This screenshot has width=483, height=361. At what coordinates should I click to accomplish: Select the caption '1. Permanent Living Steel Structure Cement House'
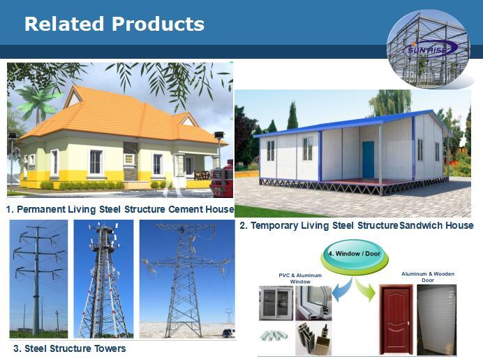[119, 209]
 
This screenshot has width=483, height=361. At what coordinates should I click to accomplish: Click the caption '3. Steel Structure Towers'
[70, 348]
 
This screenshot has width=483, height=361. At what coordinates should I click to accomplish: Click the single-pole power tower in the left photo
[36, 280]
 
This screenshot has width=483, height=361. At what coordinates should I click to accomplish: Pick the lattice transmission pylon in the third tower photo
[184, 280]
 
